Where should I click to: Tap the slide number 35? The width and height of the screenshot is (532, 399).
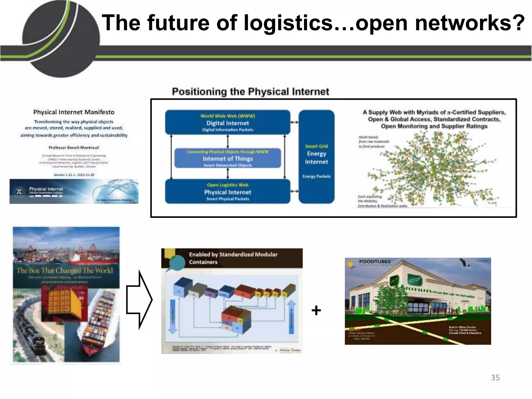[x=495, y=377]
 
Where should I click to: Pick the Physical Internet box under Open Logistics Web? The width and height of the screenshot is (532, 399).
[x=228, y=192]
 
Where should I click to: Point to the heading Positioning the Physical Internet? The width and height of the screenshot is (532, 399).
[x=250, y=92]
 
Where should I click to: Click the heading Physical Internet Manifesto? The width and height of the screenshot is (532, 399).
[x=74, y=112]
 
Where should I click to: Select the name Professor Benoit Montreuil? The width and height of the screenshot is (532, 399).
[x=74, y=148]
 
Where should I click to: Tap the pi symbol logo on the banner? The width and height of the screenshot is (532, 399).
[x=19, y=192]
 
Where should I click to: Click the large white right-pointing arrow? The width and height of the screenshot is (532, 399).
[x=139, y=300]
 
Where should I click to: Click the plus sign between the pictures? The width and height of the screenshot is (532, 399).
[x=316, y=310]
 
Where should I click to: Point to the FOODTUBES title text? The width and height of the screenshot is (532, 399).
[x=375, y=262]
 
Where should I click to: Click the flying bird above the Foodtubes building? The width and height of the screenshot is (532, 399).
[x=465, y=263]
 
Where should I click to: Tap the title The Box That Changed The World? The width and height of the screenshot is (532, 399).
[x=65, y=271]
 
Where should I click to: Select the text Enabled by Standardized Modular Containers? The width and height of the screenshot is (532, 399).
[x=233, y=258]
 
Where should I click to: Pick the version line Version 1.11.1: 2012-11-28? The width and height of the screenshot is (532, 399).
[x=74, y=175]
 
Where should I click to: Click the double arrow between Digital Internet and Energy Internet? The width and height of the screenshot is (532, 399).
[x=294, y=122]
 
